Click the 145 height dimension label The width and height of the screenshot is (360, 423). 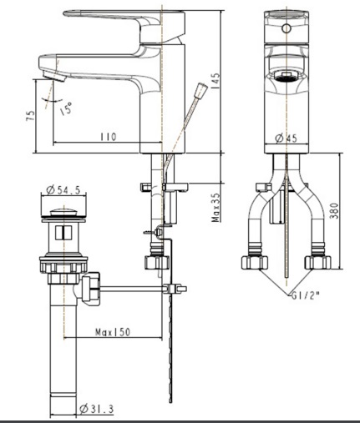pos(215,81)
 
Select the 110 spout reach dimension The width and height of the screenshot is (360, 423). pos(107,136)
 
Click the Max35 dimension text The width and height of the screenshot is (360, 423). pos(215,208)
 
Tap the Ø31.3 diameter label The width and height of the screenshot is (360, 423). pos(99,408)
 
